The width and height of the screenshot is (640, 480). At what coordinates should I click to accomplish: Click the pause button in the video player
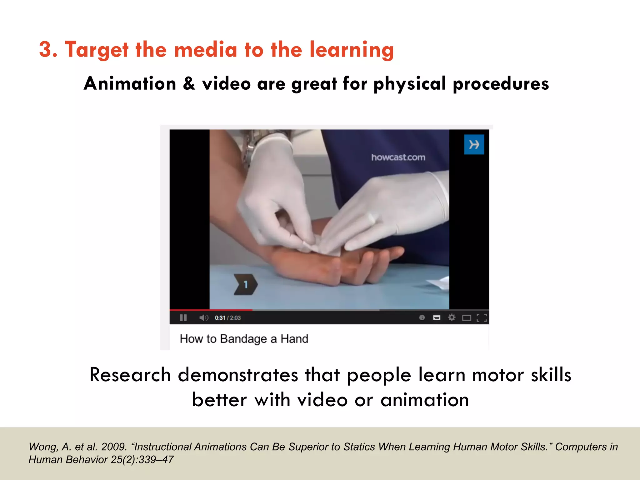(183, 318)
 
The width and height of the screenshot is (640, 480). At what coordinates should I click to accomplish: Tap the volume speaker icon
(203, 318)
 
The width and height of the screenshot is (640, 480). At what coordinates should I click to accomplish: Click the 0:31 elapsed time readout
(220, 318)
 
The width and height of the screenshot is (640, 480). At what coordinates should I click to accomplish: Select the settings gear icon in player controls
(452, 318)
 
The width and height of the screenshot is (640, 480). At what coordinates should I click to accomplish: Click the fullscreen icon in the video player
(482, 318)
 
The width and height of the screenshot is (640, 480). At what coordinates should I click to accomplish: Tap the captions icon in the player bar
(437, 318)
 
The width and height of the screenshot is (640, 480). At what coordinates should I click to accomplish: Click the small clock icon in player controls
(422, 318)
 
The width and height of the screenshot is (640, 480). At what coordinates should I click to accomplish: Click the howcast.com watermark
(398, 157)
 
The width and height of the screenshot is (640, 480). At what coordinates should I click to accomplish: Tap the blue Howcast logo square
(474, 144)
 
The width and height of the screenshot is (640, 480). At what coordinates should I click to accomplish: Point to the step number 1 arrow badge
(246, 284)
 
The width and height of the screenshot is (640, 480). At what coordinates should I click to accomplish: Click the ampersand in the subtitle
(189, 84)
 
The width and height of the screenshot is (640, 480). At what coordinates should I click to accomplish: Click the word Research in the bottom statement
(130, 375)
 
